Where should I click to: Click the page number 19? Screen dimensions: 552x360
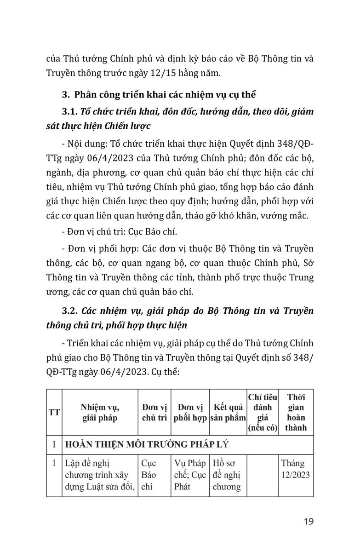point(309,521)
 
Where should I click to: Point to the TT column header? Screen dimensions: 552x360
point(54,412)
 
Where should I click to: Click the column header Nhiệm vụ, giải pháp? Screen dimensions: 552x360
point(100,412)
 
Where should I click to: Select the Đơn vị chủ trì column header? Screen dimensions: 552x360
point(154,412)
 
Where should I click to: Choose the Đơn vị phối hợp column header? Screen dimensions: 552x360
point(190,412)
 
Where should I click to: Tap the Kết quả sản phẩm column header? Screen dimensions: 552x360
point(228,412)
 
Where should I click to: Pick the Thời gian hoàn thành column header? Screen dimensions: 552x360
point(296,412)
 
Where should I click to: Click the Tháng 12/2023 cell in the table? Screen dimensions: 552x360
point(296,469)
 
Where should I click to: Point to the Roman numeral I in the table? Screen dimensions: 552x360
point(54,444)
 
